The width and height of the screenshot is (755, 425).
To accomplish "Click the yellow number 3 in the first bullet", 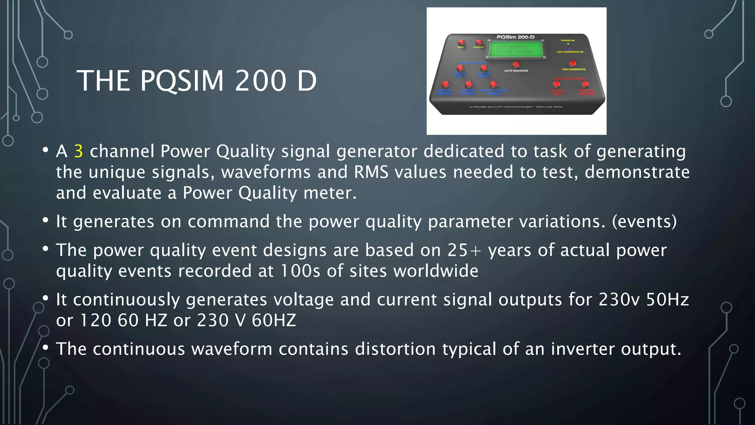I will (x=79, y=152).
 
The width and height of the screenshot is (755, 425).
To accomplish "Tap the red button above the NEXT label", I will (x=461, y=42).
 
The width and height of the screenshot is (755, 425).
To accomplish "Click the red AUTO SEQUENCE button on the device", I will (x=516, y=65).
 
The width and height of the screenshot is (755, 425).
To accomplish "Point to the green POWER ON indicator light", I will (x=568, y=44).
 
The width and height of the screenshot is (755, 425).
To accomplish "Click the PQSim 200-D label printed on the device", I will (x=515, y=37).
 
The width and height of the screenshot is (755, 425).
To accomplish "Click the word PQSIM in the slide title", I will (x=182, y=81).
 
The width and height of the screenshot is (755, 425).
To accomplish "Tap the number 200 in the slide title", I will (x=261, y=81).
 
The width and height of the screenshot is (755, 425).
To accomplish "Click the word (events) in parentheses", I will (x=644, y=221).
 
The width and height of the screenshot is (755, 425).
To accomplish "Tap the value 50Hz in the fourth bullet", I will (x=668, y=300).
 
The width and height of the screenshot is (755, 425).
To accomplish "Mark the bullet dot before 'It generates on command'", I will (x=45, y=220).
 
